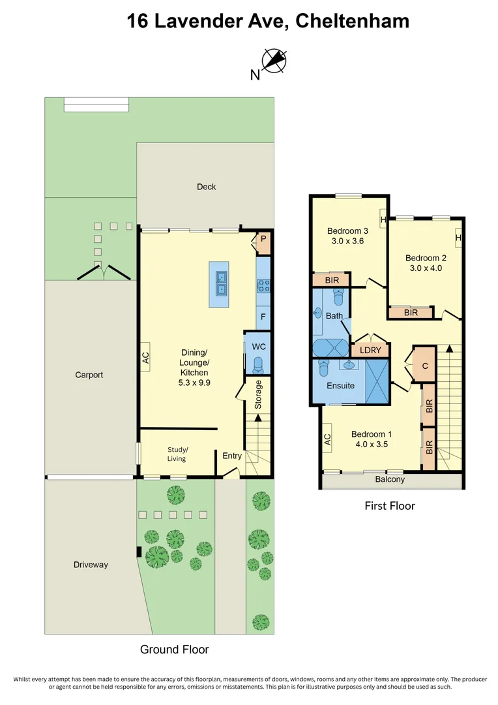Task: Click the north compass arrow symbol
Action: click(x=273, y=61)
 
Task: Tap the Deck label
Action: click(x=206, y=187)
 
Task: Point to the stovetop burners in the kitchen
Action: click(x=264, y=285)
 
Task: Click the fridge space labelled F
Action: click(x=263, y=317)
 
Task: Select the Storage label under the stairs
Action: click(x=258, y=394)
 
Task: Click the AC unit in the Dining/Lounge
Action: click(x=145, y=357)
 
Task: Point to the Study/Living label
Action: click(x=177, y=454)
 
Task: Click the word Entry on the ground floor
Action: click(x=232, y=456)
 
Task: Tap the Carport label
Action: click(x=89, y=375)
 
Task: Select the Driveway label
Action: click(x=91, y=565)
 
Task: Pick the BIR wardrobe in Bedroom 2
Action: click(x=411, y=313)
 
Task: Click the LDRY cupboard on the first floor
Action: click(x=370, y=351)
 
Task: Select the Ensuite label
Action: click(x=340, y=386)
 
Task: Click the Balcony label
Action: click(x=390, y=480)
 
